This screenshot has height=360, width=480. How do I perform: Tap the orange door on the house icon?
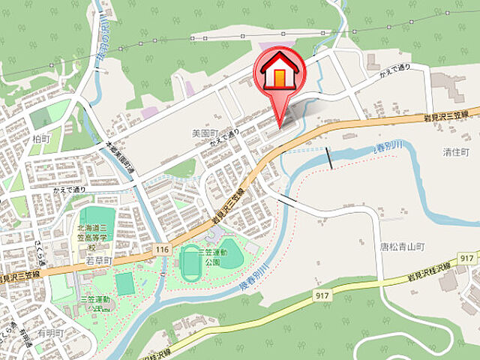click(x=280, y=76)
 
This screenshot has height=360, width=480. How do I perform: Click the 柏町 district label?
click(x=42, y=139)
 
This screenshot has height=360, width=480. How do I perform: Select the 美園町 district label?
click(x=204, y=133)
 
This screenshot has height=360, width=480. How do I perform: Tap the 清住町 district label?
click(x=455, y=151)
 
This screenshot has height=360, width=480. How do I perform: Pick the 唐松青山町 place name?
click(x=402, y=246)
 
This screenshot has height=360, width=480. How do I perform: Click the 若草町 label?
click(x=98, y=260)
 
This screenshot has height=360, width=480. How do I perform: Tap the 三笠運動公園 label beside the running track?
click(x=212, y=258)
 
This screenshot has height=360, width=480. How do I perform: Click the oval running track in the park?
click(x=190, y=259)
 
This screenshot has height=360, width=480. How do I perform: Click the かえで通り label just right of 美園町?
click(x=225, y=136)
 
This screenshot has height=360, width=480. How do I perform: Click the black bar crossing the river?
click(x=330, y=157)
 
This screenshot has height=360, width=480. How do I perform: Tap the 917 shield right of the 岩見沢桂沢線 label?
click(x=465, y=258)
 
